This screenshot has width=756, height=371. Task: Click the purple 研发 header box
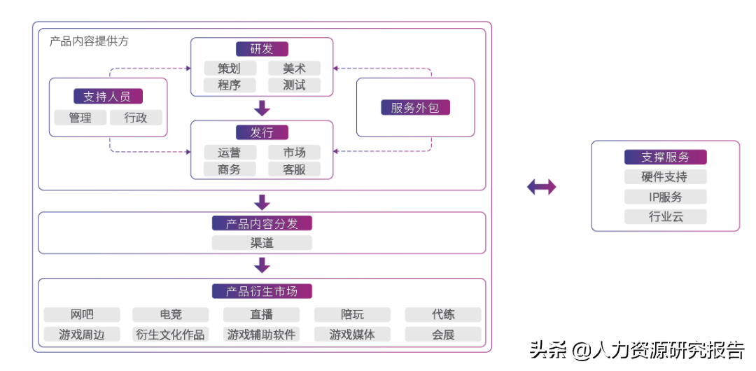point(262,49)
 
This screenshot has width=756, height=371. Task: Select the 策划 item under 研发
point(230,69)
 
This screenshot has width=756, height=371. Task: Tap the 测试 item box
point(295,85)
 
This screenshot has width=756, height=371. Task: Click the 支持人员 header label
point(108,97)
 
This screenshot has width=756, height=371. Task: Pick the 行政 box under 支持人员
point(136,118)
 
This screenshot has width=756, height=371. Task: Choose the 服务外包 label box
point(415,108)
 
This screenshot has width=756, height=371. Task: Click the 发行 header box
point(262,133)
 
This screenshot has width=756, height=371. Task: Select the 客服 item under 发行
point(295,169)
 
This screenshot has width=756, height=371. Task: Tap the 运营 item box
point(230,153)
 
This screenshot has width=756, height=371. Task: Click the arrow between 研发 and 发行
point(262,108)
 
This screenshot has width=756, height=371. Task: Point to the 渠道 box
point(262,243)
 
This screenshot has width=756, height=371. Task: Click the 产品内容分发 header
point(262,224)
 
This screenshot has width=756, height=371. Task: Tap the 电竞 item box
point(171,315)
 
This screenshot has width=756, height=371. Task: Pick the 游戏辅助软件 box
point(262,335)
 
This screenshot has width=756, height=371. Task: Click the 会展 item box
point(444,335)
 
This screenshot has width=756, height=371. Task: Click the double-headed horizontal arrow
point(541,186)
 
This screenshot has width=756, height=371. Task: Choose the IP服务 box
point(666,197)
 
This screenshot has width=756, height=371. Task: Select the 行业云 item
point(666,217)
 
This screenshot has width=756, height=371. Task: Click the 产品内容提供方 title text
point(89,41)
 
